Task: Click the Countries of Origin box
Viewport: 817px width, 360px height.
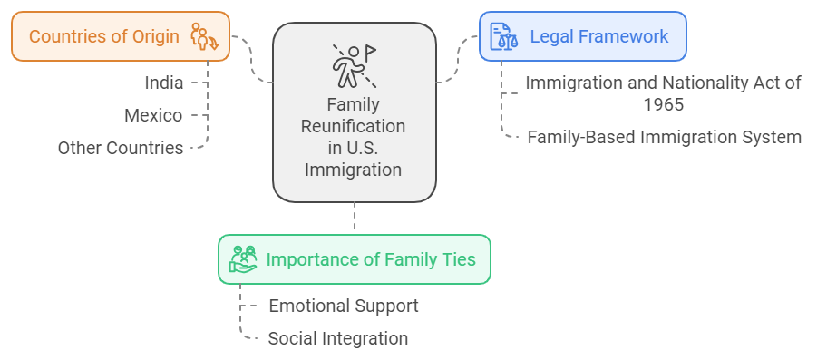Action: [121, 36]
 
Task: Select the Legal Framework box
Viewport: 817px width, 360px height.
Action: [582, 36]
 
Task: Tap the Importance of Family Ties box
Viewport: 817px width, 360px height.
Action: [354, 259]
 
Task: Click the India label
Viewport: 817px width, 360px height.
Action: [164, 83]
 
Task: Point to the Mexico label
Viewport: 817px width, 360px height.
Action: [153, 115]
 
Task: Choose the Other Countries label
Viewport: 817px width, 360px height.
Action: [121, 148]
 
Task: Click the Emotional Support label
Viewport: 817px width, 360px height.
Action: [344, 306]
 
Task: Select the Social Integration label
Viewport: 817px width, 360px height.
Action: [338, 338]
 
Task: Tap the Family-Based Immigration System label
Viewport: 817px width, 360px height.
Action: [664, 138]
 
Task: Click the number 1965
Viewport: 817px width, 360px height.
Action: [664, 103]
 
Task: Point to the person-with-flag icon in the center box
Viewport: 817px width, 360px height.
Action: [353, 65]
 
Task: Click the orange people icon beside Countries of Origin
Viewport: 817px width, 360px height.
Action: [203, 37]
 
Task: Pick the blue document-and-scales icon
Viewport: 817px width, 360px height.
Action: [504, 36]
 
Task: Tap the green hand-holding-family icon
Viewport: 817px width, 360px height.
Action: [243, 259]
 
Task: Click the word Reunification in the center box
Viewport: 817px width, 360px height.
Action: [354, 126]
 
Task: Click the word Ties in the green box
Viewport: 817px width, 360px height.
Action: [457, 259]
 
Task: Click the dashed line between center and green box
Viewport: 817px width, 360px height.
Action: [355, 218]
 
